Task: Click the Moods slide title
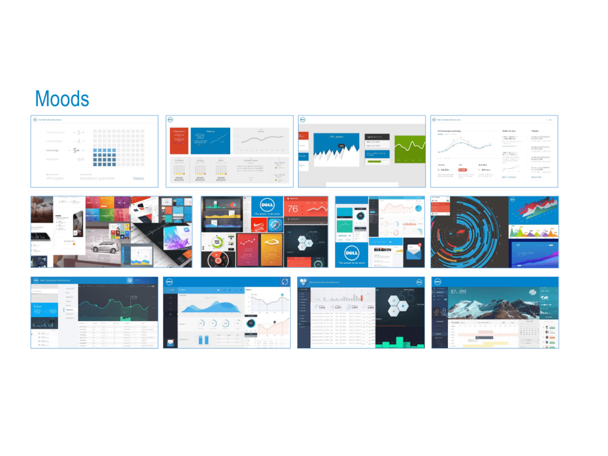pos(62,99)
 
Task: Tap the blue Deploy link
pos(138,178)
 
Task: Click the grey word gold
pos(81,159)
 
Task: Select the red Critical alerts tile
pos(179,141)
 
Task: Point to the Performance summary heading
pos(449,131)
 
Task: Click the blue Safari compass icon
pos(275,225)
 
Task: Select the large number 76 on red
pos(293,209)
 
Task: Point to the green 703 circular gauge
pos(217,242)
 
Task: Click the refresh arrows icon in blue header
pos(285,282)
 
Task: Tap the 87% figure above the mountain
pos(454,292)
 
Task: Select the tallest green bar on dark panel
pos(399,342)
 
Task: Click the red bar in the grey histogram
pos(361,298)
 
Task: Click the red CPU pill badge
pos(462,170)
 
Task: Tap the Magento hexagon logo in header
pos(130,280)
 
